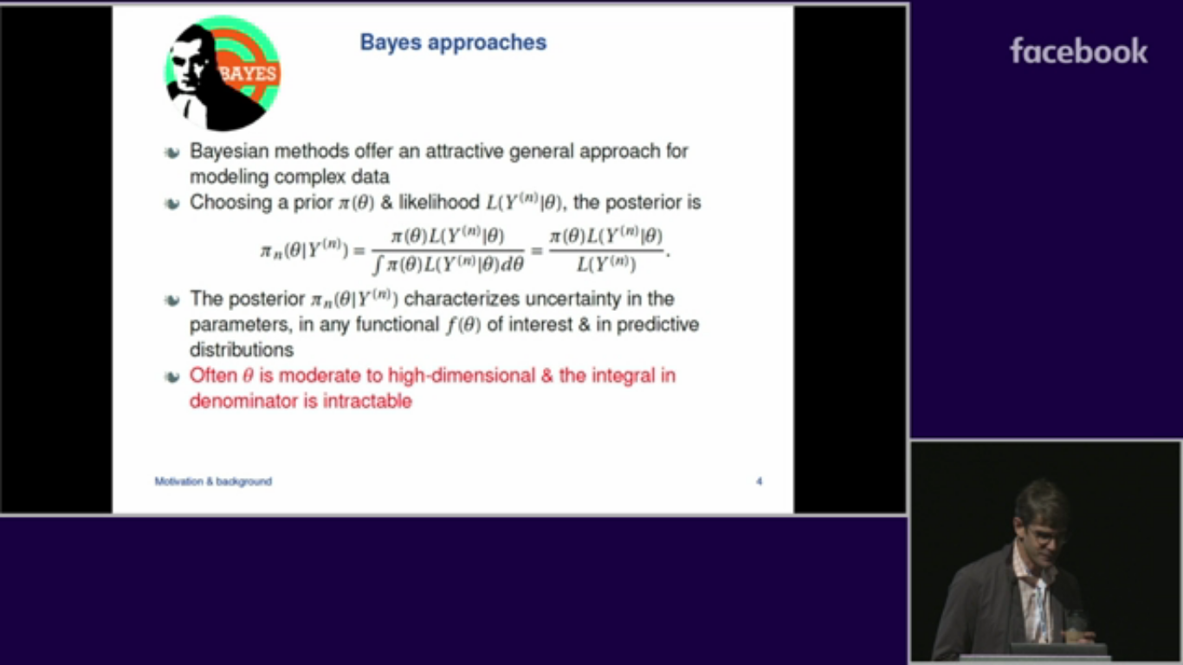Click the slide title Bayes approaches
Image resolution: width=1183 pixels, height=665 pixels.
pyautogui.click(x=453, y=42)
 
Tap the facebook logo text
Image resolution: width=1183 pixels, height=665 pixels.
pyautogui.click(x=1078, y=51)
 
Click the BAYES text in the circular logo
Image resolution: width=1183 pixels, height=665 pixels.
pyautogui.click(x=249, y=73)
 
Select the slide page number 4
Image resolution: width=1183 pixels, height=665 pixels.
pyautogui.click(x=759, y=481)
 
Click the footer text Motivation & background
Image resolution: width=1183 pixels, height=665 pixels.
pyautogui.click(x=213, y=481)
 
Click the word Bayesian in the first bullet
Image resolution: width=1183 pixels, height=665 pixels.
pyautogui.click(x=229, y=152)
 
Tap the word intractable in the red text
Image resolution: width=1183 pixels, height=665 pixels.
pyautogui.click(x=367, y=401)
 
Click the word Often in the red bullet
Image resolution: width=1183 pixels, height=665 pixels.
pyautogui.click(x=213, y=376)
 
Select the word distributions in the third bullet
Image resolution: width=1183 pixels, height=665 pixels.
pyautogui.click(x=242, y=350)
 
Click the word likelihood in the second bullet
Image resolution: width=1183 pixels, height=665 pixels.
pyautogui.click(x=439, y=203)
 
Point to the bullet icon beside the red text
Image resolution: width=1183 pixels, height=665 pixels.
pyautogui.click(x=172, y=377)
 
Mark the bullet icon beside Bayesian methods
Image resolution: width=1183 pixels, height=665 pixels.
pyautogui.click(x=172, y=152)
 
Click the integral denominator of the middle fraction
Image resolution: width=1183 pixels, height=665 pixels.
pyautogui.click(x=449, y=264)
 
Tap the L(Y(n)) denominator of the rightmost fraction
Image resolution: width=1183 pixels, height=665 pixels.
pyautogui.click(x=606, y=263)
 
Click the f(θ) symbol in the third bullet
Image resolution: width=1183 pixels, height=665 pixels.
pyautogui.click(x=462, y=325)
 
